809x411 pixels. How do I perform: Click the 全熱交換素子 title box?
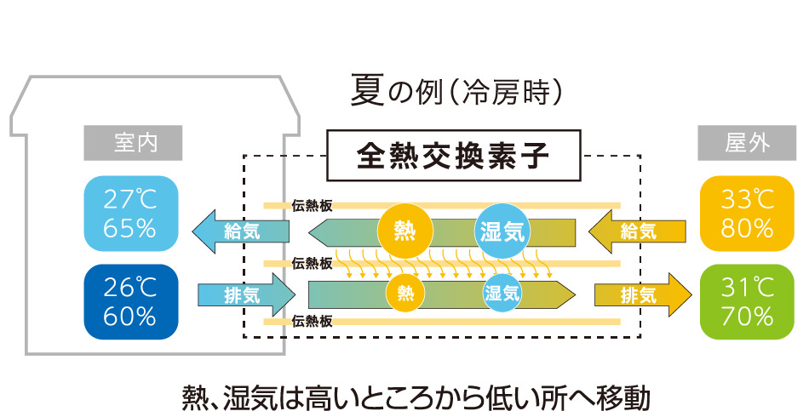point(453,156)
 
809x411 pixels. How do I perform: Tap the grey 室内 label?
point(135,143)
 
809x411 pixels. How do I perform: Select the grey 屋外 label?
point(736,143)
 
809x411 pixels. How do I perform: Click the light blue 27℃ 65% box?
point(131,213)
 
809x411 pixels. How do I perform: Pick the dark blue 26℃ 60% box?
point(131,302)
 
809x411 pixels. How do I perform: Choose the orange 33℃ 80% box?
point(736,213)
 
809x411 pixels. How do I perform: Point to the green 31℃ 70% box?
point(736,302)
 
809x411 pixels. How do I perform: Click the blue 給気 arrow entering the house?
point(240,230)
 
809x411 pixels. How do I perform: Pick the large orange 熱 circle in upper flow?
point(405,230)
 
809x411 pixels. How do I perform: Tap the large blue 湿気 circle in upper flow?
point(502,230)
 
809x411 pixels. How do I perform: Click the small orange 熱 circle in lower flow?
point(405,294)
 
